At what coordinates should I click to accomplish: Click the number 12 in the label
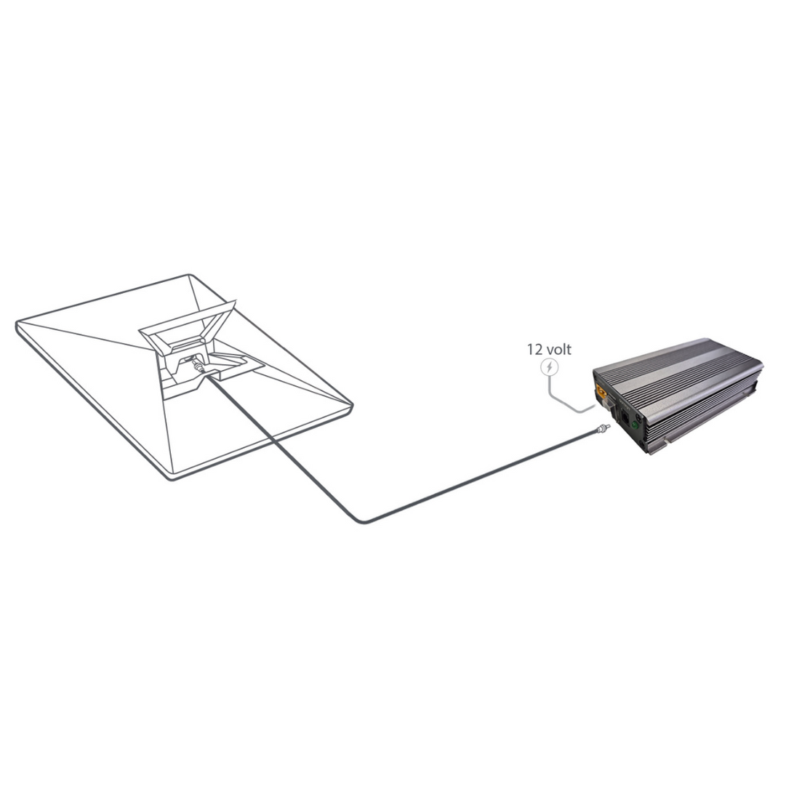click(534, 350)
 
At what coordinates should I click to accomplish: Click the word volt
click(558, 350)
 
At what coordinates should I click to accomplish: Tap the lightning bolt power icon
click(549, 367)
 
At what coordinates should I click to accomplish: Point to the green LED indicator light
click(633, 423)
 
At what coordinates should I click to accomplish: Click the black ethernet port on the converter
click(626, 418)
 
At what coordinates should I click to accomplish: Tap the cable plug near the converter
click(603, 430)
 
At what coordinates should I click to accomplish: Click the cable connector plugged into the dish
click(198, 365)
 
